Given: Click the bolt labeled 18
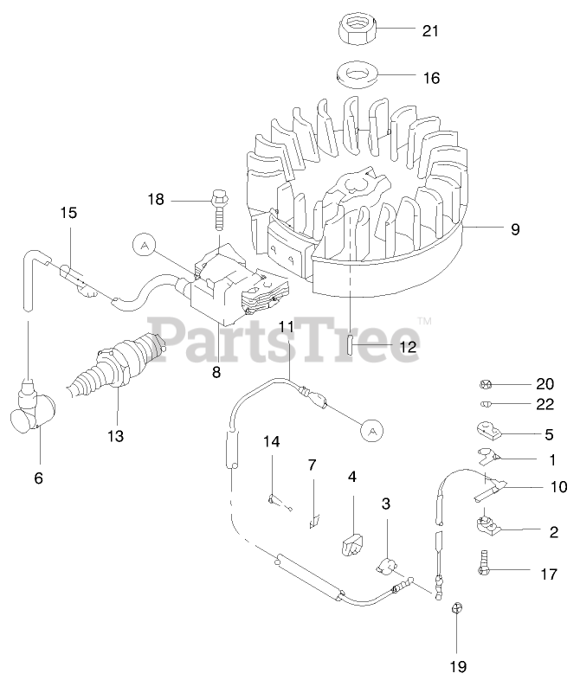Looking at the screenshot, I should [216, 208].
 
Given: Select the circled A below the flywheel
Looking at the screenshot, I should [371, 429].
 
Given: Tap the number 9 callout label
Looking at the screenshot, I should [515, 229].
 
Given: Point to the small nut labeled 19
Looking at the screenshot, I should [456, 610].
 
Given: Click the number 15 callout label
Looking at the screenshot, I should [68, 212].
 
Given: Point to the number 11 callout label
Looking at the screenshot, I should [287, 326].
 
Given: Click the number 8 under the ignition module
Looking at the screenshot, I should [216, 372].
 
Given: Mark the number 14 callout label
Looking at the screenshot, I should [272, 442].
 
